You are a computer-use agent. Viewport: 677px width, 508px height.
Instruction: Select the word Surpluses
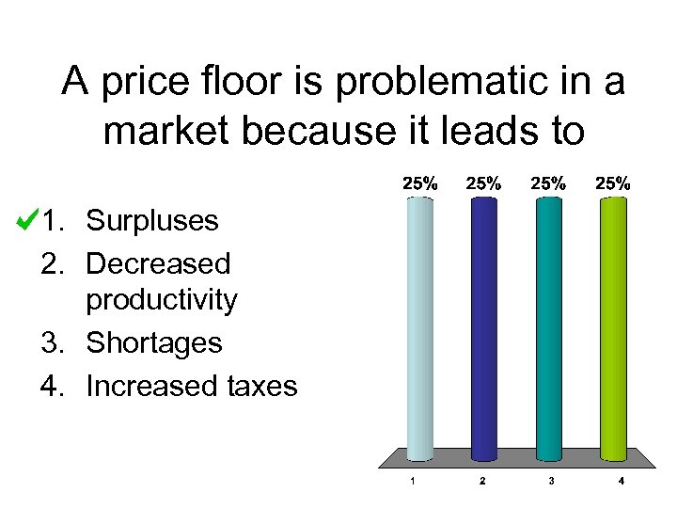click(x=152, y=221)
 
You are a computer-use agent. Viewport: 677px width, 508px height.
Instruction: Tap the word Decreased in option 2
click(x=158, y=262)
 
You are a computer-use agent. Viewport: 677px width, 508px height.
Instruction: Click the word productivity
click(x=162, y=300)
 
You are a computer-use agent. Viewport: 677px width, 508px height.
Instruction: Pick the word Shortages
click(x=154, y=342)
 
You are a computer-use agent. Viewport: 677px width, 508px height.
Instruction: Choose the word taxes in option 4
click(x=263, y=385)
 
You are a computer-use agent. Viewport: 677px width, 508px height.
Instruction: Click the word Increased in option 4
click(x=153, y=385)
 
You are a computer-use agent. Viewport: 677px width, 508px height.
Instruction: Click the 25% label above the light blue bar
click(x=420, y=184)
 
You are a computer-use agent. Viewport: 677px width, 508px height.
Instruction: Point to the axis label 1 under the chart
click(x=414, y=482)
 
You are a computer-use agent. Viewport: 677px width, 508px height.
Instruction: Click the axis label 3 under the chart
click(x=551, y=482)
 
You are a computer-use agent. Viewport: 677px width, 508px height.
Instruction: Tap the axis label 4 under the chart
click(x=621, y=482)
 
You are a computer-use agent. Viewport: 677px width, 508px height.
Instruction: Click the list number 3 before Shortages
click(x=51, y=342)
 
